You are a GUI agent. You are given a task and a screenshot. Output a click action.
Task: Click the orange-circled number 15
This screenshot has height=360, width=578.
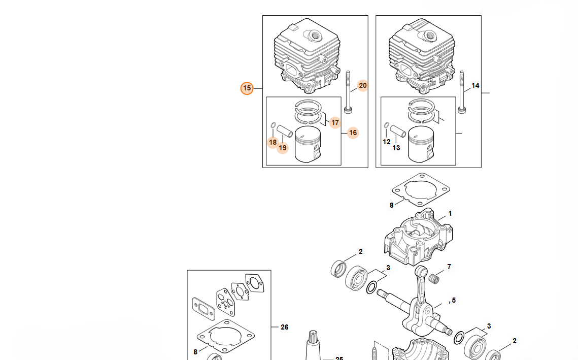[x=247, y=88]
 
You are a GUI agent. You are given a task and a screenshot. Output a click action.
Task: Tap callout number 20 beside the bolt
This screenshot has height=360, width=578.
[x=363, y=86]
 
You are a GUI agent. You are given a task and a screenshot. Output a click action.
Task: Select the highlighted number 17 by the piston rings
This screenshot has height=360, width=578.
[x=335, y=122]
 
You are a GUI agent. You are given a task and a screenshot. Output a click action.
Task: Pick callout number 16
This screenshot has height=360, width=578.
[x=353, y=133]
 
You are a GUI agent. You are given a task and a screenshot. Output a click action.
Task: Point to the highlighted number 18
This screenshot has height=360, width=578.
[x=273, y=142]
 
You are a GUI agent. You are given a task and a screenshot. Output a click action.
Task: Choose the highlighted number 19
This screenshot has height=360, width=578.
[x=283, y=148]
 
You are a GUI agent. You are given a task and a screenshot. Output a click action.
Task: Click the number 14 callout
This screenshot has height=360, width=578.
[x=475, y=86]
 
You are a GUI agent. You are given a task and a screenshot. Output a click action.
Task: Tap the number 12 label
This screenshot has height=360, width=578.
[x=386, y=142]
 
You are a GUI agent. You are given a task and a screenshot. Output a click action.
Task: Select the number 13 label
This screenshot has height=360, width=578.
[x=396, y=148]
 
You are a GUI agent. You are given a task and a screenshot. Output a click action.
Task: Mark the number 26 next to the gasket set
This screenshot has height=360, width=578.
[x=285, y=327]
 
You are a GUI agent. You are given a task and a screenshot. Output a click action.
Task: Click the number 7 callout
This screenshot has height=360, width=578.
[x=449, y=267]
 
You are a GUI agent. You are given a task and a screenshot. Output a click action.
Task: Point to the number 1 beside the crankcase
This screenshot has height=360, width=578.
[x=450, y=214]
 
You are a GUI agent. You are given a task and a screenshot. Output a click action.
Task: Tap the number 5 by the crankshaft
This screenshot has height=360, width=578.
[x=453, y=300]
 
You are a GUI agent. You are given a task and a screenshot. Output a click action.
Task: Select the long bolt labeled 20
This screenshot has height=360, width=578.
[x=348, y=92]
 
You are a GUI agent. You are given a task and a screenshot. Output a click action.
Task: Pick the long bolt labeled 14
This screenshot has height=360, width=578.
[x=461, y=92]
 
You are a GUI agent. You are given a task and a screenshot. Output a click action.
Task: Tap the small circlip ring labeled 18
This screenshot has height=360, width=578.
[x=273, y=125]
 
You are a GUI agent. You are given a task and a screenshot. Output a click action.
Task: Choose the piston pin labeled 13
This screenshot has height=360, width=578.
[x=398, y=130]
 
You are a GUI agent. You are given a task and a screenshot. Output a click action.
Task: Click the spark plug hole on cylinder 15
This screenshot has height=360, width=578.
[x=315, y=36]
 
